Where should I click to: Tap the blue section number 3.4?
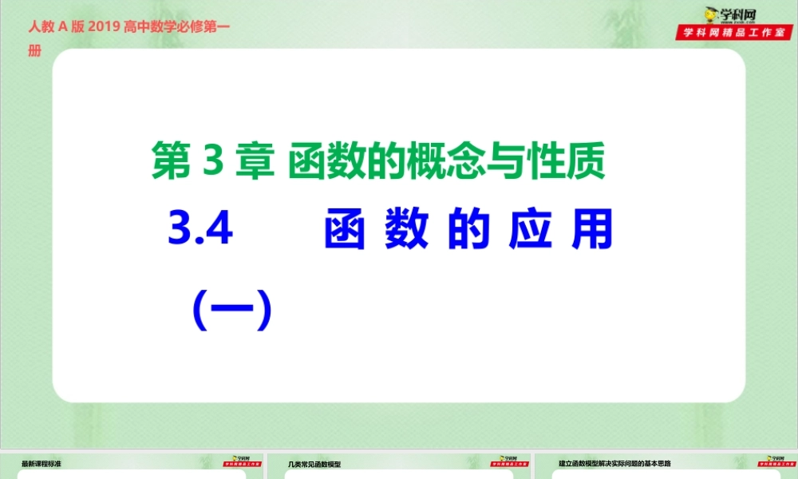tap(201, 229)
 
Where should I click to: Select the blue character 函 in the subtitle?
tap(346, 230)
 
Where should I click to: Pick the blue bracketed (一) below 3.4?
tap(233, 310)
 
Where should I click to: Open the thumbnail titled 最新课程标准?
tap(41, 463)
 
